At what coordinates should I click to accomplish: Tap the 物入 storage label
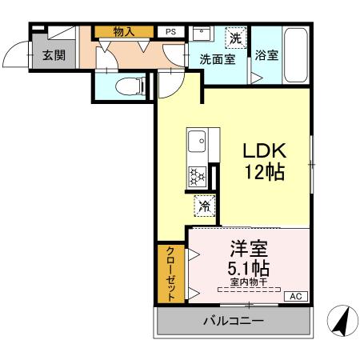123,31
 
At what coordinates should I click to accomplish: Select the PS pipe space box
170,31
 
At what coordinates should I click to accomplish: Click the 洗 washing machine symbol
235,38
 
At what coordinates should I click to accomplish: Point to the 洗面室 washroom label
217,59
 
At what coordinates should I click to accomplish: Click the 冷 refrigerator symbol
204,206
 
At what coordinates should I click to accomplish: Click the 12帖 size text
265,172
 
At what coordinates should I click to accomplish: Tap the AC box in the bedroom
296,296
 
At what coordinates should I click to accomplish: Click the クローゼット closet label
170,273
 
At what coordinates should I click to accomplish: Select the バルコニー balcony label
233,321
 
